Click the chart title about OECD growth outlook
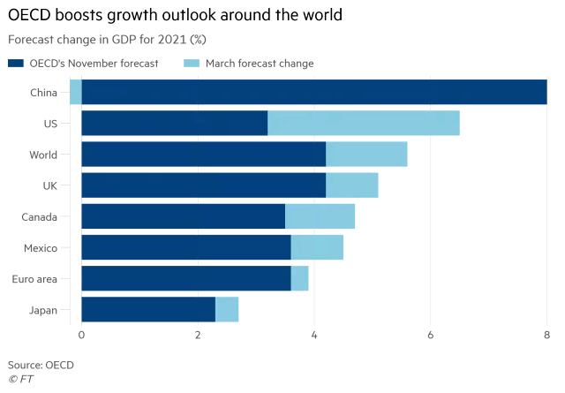175,15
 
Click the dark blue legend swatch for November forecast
16,63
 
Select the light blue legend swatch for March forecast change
191,63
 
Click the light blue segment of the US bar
363,124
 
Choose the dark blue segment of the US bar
174,124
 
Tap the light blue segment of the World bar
366,155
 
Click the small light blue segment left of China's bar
75,93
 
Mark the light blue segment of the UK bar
351,185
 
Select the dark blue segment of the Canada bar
183,216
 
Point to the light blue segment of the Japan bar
226,309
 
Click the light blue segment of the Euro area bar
299,278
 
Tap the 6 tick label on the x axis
431,335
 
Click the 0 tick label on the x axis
81,335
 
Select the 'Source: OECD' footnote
41,364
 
